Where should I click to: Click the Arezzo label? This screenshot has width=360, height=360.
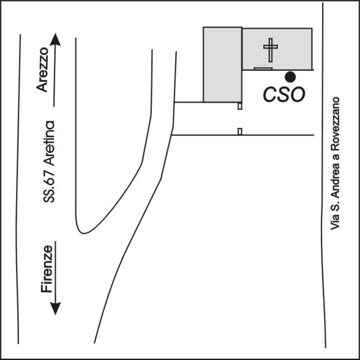pyautogui.click(x=42, y=71)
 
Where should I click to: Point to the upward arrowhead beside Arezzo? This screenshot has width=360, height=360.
pyautogui.click(x=55, y=40)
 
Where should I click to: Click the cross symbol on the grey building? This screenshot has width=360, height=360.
pyautogui.click(x=271, y=50)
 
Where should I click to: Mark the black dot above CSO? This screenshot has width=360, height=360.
pyautogui.click(x=290, y=76)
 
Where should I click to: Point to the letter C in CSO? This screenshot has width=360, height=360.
pyautogui.click(x=272, y=94)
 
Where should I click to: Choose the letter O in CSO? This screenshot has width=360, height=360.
pyautogui.click(x=298, y=94)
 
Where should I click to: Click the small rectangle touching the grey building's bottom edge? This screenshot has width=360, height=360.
pyautogui.click(x=239, y=106)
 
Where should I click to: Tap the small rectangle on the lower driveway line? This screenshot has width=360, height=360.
pyautogui.click(x=239, y=131)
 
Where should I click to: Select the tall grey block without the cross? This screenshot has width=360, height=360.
pyautogui.click(x=222, y=65)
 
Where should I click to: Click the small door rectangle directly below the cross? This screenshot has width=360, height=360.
pyautogui.click(x=262, y=69)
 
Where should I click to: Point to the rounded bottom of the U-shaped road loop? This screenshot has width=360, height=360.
pyautogui.click(x=85, y=230)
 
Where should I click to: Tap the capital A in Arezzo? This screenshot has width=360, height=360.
pyautogui.click(x=42, y=88)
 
